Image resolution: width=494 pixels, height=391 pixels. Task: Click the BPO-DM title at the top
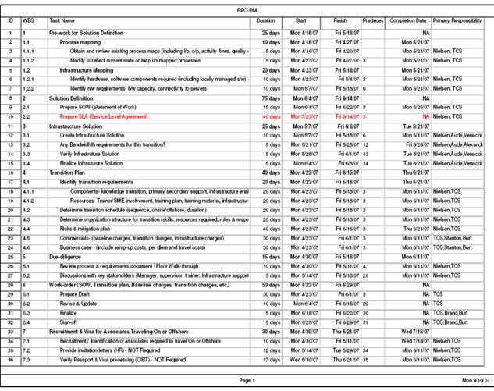246,7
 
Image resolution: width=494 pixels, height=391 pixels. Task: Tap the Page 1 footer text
246,379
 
